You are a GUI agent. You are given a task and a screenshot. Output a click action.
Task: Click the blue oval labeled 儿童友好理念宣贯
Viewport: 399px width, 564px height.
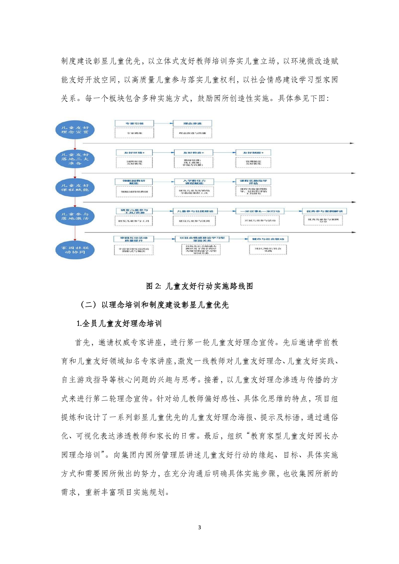[x=75, y=130]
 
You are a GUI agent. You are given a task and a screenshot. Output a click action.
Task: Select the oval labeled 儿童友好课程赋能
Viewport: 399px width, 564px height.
[x=75, y=187]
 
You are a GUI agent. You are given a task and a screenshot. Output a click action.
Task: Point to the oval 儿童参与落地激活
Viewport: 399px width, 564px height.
[x=75, y=216]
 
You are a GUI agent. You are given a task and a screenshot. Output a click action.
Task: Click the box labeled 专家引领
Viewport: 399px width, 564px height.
[x=134, y=123]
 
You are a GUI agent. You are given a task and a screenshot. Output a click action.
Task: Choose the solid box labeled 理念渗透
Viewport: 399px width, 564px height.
[x=192, y=123]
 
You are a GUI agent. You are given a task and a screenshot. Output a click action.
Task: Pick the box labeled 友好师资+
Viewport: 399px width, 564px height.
[x=193, y=152]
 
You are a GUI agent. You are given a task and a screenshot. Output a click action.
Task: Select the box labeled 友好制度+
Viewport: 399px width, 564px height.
[x=253, y=152]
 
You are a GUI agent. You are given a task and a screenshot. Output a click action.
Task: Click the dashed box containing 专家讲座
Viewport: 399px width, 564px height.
[x=134, y=133]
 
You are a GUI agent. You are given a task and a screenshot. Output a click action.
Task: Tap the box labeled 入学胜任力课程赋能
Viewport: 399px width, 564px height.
[x=194, y=182]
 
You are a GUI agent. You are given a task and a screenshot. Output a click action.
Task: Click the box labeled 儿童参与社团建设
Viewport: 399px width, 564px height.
[x=195, y=211]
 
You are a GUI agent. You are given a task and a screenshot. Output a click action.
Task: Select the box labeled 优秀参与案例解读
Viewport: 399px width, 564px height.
[x=324, y=211]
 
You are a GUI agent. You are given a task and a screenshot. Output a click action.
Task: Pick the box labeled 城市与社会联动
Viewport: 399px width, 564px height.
[x=268, y=239]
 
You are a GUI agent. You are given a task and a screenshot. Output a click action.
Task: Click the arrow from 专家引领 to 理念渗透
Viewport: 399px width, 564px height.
[x=163, y=123]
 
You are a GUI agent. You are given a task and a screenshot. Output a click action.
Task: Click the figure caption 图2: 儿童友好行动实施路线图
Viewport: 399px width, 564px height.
[x=199, y=286]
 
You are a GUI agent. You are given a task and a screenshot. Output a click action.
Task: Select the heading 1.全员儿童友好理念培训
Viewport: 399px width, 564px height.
[x=119, y=323]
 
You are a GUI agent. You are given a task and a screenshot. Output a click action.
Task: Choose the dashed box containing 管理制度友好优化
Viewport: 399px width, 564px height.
[x=253, y=162]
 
